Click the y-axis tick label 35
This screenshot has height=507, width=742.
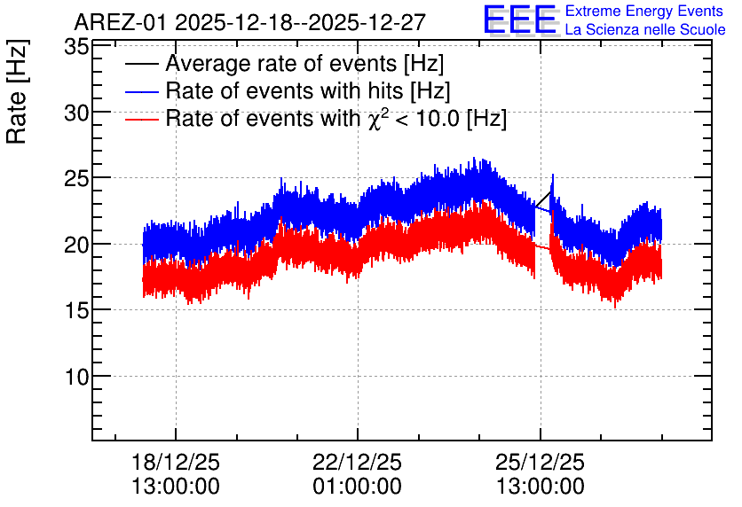click(76, 48)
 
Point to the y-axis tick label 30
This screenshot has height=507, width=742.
click(76, 113)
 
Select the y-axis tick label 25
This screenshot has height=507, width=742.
click(76, 180)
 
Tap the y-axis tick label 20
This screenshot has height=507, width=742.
click(76, 246)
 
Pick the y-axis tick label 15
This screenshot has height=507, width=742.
click(76, 311)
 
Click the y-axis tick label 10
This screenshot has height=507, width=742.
click(76, 378)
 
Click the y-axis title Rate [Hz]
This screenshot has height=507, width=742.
click(18, 91)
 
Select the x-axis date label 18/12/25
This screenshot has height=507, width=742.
click(176, 462)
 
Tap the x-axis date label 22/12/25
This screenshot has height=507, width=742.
click(358, 462)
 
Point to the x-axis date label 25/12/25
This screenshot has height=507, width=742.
click(540, 462)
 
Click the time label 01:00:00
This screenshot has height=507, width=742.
click(358, 487)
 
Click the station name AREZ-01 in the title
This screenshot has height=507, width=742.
click(121, 22)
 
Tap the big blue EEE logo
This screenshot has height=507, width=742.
click(521, 19)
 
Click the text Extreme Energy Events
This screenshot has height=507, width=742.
click(644, 11)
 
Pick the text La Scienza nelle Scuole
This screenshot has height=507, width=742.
click(645, 30)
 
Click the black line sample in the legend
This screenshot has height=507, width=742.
click(141, 64)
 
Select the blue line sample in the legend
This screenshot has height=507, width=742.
click(141, 91)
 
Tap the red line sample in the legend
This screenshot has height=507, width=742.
click(141, 119)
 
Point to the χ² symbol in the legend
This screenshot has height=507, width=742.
click(376, 119)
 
